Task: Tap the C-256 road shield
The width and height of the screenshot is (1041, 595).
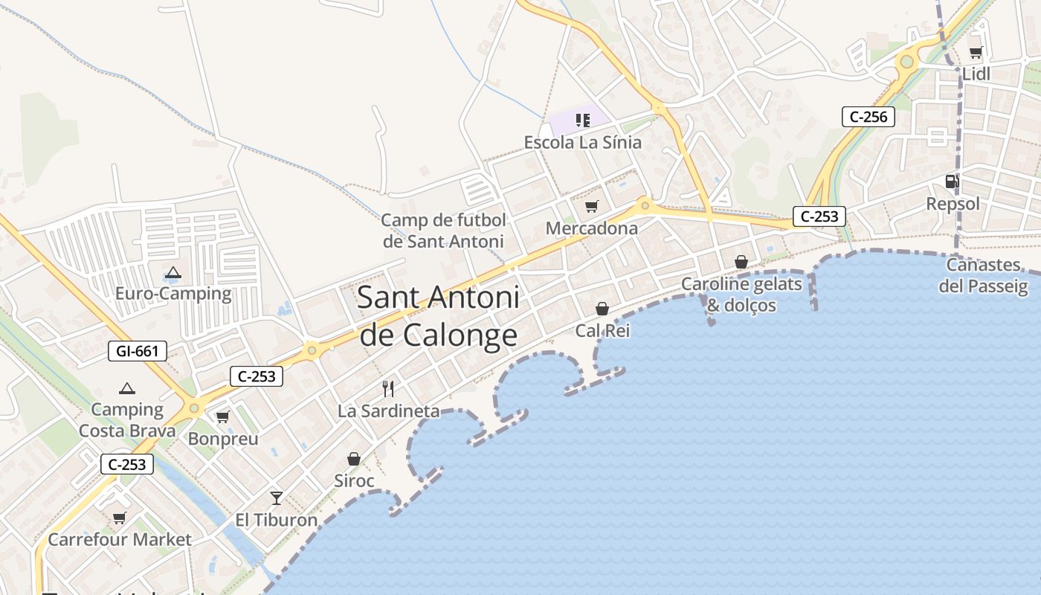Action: click(x=868, y=117)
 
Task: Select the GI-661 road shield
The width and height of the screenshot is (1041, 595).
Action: click(x=138, y=351)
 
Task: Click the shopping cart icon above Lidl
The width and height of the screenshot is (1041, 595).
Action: click(x=976, y=53)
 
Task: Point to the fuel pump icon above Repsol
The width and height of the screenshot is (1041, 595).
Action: click(x=952, y=181)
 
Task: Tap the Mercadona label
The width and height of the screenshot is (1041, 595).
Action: click(x=592, y=228)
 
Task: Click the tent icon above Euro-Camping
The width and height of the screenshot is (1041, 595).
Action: click(x=173, y=273)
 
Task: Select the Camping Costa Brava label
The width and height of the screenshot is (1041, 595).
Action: click(x=127, y=419)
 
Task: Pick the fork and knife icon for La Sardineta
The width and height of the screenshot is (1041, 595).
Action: click(x=387, y=388)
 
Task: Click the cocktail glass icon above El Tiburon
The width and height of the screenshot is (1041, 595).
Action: click(x=277, y=498)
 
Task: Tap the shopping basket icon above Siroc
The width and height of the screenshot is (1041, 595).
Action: click(x=354, y=459)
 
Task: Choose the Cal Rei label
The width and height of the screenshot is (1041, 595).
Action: click(x=602, y=330)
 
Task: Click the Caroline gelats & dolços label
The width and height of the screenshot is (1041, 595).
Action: click(x=741, y=295)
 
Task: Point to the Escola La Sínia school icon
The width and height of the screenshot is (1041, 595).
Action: click(x=583, y=120)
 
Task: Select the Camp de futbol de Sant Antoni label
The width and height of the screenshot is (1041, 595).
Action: click(x=443, y=231)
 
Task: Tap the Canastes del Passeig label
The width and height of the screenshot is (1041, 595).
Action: click(x=983, y=275)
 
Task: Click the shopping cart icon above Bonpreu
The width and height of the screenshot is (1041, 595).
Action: click(x=222, y=417)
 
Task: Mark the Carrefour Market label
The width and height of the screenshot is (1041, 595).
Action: click(x=120, y=539)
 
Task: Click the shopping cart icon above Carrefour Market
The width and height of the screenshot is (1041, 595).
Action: click(x=119, y=518)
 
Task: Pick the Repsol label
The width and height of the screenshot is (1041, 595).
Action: click(x=953, y=204)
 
